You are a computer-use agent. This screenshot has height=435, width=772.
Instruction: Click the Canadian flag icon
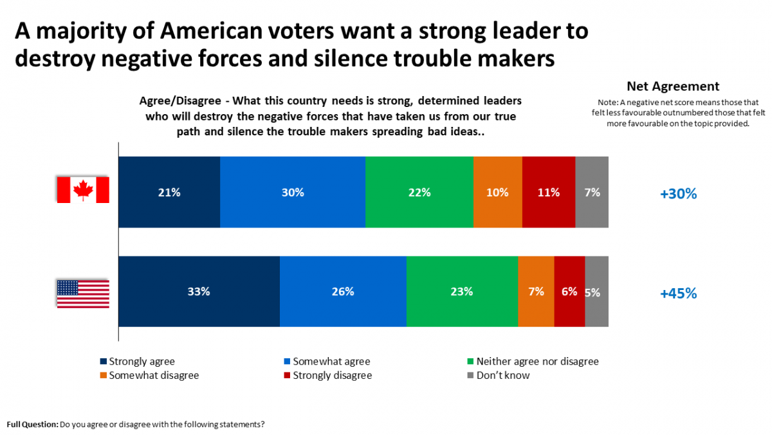83,190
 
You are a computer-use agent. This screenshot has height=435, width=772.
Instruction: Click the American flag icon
83,293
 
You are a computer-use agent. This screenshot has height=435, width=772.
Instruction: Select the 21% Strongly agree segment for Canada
169,192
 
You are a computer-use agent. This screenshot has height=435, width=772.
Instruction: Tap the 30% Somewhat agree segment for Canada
293,192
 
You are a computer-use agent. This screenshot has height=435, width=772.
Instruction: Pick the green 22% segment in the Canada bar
419,192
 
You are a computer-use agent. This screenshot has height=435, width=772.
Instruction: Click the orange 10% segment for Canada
498,192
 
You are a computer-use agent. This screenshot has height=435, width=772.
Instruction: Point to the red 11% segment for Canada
549,192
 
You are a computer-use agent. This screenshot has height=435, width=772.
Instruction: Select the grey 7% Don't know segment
592,192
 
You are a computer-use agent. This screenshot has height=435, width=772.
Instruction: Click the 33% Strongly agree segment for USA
199,291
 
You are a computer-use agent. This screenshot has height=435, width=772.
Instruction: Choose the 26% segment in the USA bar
343,291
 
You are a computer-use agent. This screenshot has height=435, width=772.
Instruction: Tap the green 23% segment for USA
462,291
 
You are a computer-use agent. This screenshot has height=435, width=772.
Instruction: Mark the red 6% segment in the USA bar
569,291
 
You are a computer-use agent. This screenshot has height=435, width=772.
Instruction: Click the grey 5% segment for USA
596,291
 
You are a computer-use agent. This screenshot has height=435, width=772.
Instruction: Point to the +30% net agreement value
678,193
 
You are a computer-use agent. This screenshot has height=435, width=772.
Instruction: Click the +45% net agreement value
678,293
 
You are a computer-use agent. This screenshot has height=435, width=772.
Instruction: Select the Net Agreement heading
672,86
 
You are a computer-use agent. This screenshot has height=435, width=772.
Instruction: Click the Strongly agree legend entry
141,362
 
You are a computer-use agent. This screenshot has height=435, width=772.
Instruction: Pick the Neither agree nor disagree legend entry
537,362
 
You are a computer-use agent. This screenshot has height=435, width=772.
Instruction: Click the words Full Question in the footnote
32,425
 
